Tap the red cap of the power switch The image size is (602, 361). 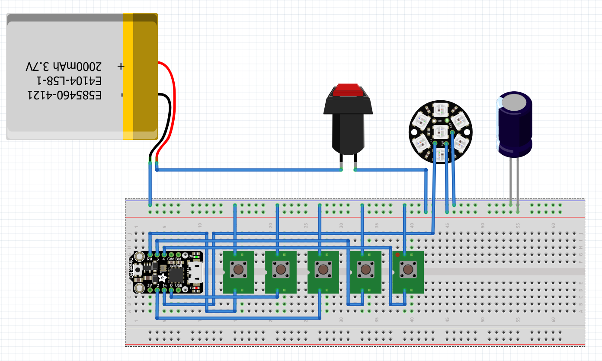tap(348, 89)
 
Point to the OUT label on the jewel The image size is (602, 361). tap(441, 121)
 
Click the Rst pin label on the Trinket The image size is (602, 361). tap(150, 259)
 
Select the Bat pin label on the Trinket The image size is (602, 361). tap(179, 259)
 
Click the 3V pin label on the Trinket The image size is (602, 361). tap(150, 285)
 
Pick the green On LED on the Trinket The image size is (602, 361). tap(197, 257)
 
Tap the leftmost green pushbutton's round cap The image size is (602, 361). tap(238, 270)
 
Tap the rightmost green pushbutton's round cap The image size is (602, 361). tap(407, 270)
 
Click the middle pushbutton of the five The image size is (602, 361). tap(323, 270)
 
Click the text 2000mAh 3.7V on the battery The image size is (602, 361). tap(64, 67)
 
